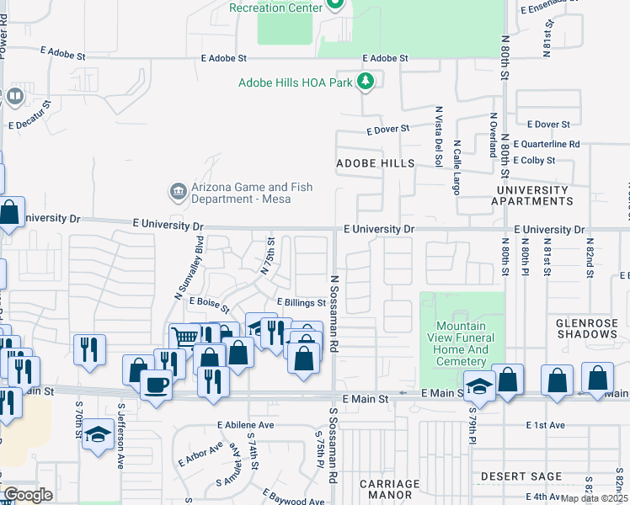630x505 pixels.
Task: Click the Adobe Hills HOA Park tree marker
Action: [x=366, y=82]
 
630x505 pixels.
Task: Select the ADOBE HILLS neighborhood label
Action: [x=376, y=162]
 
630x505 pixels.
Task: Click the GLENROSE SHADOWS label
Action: [x=587, y=327]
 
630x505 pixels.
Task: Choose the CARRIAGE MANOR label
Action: [x=389, y=489]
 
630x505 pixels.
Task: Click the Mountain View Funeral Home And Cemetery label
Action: [x=461, y=343]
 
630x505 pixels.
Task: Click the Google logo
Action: [x=28, y=495]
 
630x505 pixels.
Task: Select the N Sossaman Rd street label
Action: [x=334, y=312]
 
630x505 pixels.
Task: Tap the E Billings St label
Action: [x=301, y=303]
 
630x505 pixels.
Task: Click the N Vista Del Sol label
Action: [x=439, y=136]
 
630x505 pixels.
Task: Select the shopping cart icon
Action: [x=184, y=337]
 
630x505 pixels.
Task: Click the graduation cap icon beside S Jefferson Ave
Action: [x=99, y=434]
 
